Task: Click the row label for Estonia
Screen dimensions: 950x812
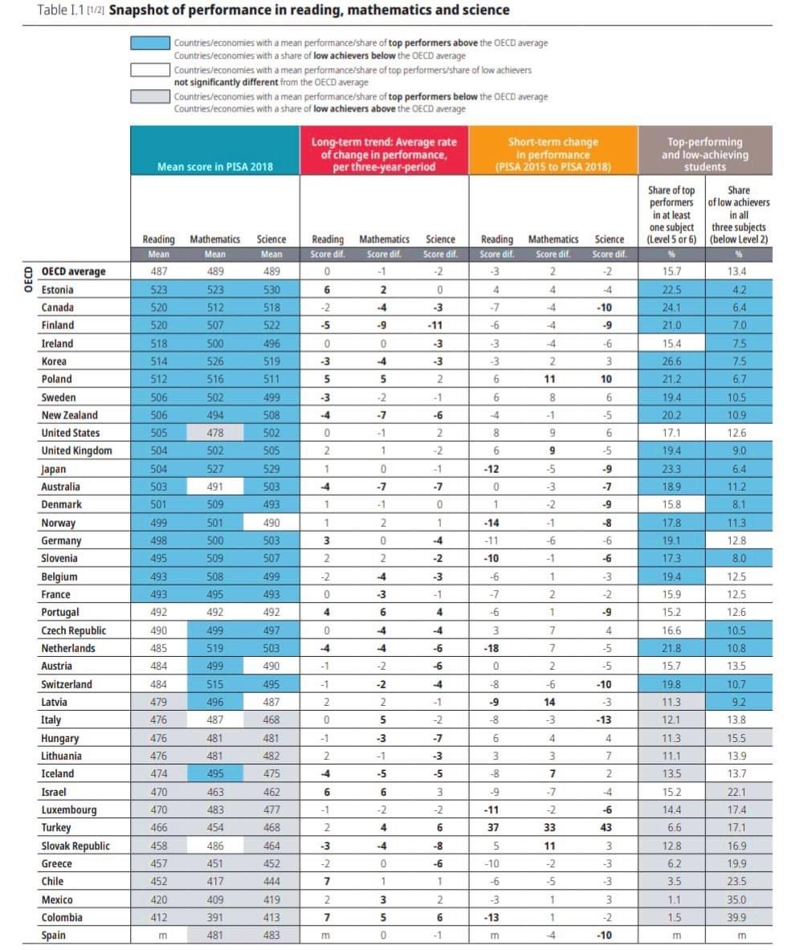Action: click(x=57, y=290)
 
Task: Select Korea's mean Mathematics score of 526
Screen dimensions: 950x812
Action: click(x=215, y=361)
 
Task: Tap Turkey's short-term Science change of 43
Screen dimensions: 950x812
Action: click(x=606, y=828)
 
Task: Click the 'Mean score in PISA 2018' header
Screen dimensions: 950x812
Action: click(x=214, y=166)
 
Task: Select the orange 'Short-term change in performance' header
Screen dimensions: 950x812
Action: click(x=553, y=154)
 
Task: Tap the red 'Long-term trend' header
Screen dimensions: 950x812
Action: click(x=384, y=154)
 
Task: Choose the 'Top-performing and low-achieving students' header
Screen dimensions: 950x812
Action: click(x=704, y=154)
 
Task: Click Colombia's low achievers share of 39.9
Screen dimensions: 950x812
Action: click(x=737, y=918)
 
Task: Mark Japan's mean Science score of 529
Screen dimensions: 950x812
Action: click(x=271, y=469)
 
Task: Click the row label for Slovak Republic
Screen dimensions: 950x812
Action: click(x=75, y=846)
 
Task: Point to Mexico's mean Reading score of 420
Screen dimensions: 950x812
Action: click(x=159, y=899)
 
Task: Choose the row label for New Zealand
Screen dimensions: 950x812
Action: click(x=69, y=415)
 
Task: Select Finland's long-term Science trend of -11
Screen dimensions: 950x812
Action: click(x=439, y=325)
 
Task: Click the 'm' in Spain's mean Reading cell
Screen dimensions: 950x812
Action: click(x=159, y=936)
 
